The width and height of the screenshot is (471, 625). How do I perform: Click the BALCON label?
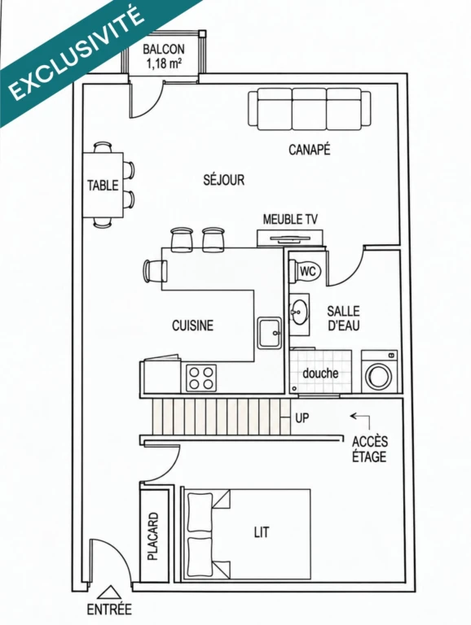pyautogui.click(x=164, y=49)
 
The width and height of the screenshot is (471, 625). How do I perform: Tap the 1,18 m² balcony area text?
pyautogui.click(x=165, y=63)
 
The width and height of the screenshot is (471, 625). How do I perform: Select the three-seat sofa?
pyautogui.click(x=310, y=109)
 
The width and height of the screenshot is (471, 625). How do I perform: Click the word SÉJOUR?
pyautogui.click(x=223, y=179)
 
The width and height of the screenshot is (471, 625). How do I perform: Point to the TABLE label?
pyautogui.click(x=103, y=186)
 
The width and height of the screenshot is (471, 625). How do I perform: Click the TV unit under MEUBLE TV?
pyautogui.click(x=290, y=238)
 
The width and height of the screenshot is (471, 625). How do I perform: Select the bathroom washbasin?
pyautogui.click(x=298, y=311)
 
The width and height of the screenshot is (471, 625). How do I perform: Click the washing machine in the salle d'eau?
pyautogui.click(x=379, y=371)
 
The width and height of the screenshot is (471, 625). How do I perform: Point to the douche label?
pyautogui.click(x=320, y=373)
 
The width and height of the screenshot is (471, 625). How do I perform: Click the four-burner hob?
pyautogui.click(x=201, y=378)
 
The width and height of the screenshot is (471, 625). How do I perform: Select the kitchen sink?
pyautogui.click(x=269, y=332)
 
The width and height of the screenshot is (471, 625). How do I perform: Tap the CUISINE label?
pyautogui.click(x=193, y=326)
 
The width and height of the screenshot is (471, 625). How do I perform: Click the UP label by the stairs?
pyautogui.click(x=302, y=417)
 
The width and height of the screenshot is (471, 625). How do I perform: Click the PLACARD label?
pyautogui.click(x=153, y=536)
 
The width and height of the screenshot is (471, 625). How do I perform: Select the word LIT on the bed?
pyautogui.click(x=262, y=532)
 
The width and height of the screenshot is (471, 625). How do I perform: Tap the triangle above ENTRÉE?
pyautogui.click(x=109, y=592)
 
